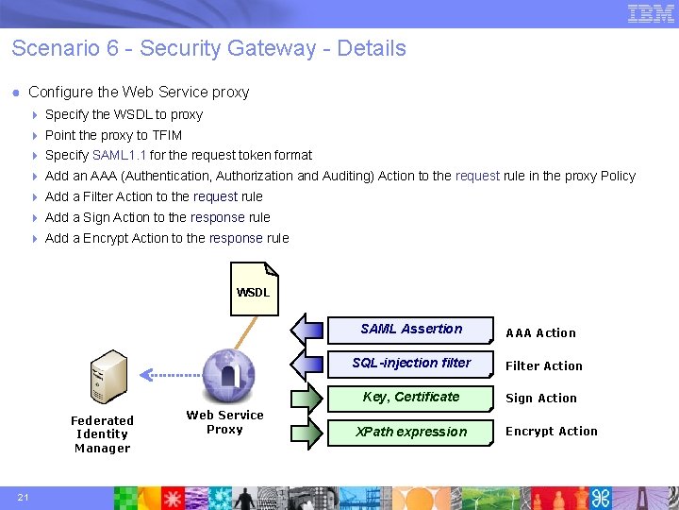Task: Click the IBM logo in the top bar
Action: [x=651, y=13]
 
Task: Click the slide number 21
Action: [x=23, y=498]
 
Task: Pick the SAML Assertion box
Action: [x=411, y=330]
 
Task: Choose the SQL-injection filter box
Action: [x=411, y=364]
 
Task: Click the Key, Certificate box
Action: [x=411, y=398]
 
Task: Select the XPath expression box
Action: [x=411, y=432]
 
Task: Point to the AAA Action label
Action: [x=540, y=333]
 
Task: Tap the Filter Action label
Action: [x=544, y=366]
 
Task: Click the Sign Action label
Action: [x=540, y=399]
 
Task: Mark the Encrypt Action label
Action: [x=552, y=432]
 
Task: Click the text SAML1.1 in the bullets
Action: [x=119, y=156]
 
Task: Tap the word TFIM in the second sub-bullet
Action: [x=167, y=135]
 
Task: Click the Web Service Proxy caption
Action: [x=224, y=422]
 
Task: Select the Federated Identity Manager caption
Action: [x=102, y=434]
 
